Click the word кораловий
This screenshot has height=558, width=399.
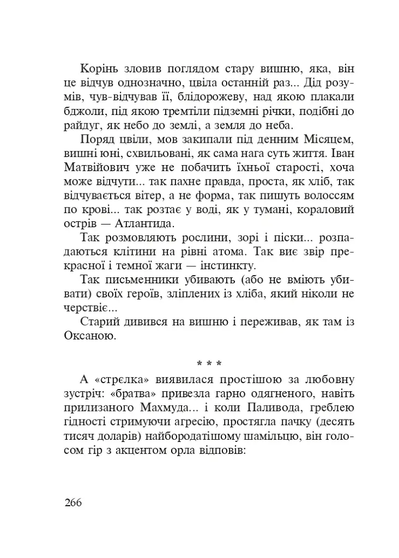tap(327, 209)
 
